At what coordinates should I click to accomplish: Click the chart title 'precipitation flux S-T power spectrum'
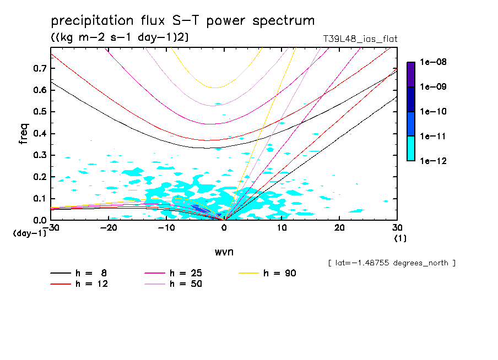click(x=183, y=21)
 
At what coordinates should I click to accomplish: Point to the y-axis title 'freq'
click(x=23, y=134)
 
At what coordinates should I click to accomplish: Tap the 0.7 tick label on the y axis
click(x=39, y=68)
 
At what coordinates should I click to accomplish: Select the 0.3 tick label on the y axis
click(x=39, y=155)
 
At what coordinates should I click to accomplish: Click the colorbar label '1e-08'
click(x=433, y=62)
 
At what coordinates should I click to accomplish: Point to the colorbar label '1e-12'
click(x=433, y=161)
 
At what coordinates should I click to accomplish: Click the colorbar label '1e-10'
click(x=433, y=112)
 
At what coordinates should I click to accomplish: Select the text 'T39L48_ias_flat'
click(x=360, y=39)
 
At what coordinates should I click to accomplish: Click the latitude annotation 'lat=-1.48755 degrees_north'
click(x=392, y=263)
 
